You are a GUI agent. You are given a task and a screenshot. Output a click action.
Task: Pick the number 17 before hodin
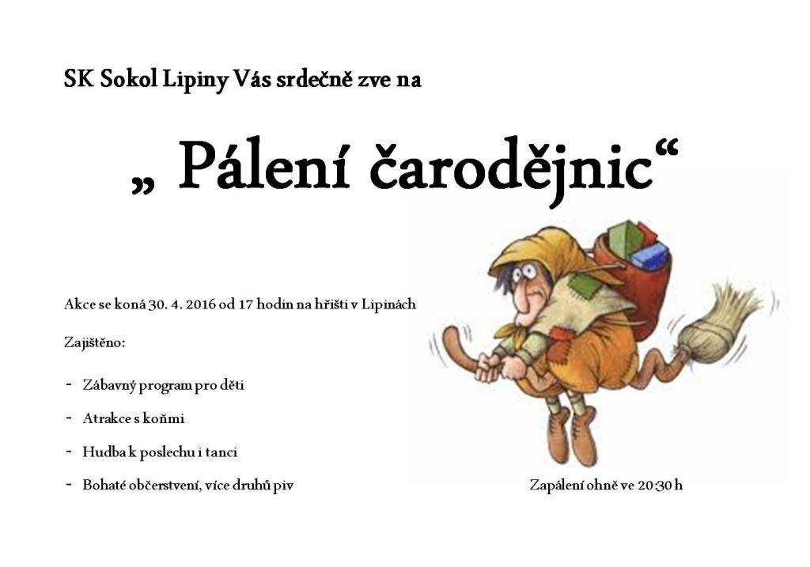(245, 304)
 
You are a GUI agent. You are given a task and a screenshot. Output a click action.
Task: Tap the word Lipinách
(388, 304)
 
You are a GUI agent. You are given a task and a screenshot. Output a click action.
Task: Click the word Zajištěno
(95, 343)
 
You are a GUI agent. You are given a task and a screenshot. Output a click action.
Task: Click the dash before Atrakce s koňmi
(69, 418)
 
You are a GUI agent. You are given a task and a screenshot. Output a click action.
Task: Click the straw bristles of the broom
(721, 320)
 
